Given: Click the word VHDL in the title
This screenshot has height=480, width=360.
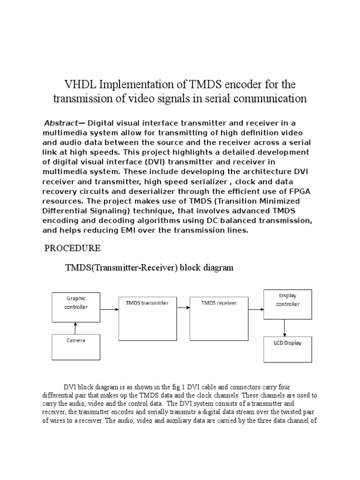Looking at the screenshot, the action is (80, 85).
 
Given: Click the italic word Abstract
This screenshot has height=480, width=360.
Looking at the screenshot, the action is (60, 123).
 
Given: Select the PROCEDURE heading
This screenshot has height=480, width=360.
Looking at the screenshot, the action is (72, 248).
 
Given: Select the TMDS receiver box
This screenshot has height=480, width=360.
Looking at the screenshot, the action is (218, 317).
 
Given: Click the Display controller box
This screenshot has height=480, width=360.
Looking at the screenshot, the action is (287, 304).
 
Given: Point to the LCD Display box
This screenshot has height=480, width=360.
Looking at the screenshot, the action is (287, 349).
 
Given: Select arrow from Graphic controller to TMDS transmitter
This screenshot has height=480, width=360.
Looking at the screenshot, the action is (109, 309).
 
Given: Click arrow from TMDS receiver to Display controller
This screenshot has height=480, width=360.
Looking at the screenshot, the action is (255, 309).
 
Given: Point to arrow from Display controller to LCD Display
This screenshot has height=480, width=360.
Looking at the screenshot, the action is (284, 327).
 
